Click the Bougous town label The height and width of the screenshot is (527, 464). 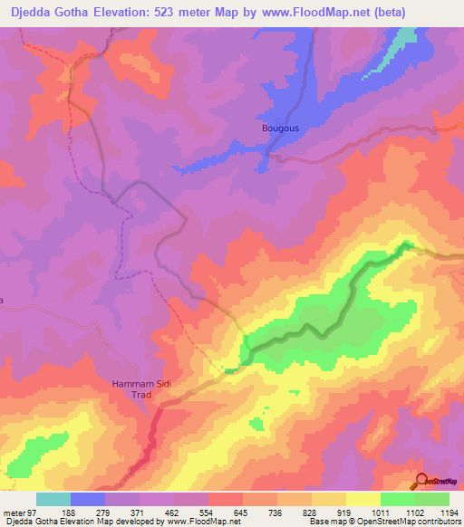tap(280, 129)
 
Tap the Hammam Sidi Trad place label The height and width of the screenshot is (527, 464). tap(141, 390)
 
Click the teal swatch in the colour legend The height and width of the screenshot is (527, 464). tap(53, 499)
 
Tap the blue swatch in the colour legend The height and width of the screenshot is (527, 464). tap(88, 499)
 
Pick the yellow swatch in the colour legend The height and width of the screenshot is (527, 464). tap(363, 499)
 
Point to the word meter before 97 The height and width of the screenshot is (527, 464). tap(12, 512)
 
